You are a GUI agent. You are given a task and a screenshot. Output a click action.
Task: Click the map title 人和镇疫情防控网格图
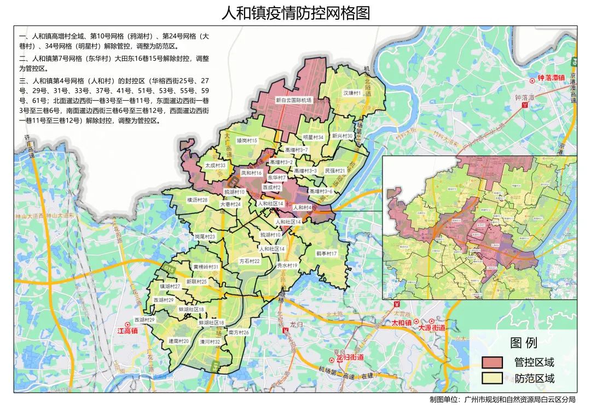pyautogui.click(x=296, y=14)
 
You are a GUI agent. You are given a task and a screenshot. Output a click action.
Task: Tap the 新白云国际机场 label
pyautogui.click(x=293, y=100)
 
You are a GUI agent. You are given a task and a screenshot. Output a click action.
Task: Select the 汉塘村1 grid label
pyautogui.click(x=352, y=93)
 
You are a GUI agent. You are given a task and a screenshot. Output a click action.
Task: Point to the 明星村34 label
pyautogui.click(x=313, y=137)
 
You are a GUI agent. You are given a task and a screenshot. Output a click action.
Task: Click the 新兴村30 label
pyautogui.click(x=342, y=136)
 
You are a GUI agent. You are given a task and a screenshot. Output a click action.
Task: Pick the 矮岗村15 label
pyautogui.click(x=247, y=140)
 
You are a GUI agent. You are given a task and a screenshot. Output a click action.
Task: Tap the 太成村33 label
pyautogui.click(x=215, y=165)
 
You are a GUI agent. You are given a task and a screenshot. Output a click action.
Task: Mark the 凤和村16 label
pyautogui.click(x=251, y=172)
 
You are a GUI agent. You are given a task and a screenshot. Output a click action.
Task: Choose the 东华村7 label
pyautogui.click(x=276, y=178)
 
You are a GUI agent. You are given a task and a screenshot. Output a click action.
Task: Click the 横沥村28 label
pyautogui.click(x=197, y=200)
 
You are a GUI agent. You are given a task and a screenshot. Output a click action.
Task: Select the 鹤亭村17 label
pyautogui.click(x=326, y=254)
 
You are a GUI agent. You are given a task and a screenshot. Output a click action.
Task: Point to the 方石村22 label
pyautogui.click(x=249, y=262)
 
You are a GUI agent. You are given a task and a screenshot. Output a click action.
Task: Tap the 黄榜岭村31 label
pyautogui.click(x=206, y=267)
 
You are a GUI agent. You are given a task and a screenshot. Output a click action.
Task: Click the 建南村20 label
pyautogui.click(x=178, y=341)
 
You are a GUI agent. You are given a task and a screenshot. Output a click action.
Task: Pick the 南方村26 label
pyautogui.click(x=239, y=332)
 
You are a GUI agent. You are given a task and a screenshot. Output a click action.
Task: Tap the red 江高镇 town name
pyautogui.click(x=128, y=331)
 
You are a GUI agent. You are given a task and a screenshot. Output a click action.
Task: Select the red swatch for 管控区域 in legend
pyautogui.click(x=493, y=362)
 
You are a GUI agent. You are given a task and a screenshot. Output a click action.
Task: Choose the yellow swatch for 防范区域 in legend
pyautogui.click(x=493, y=378)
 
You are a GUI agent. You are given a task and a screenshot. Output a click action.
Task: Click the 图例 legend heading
pyautogui.click(x=524, y=343)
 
